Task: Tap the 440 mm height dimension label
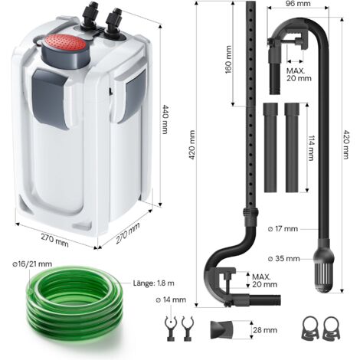pyautogui.click(x=165, y=119)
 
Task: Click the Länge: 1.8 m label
pyautogui.click(x=154, y=283)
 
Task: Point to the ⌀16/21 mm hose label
pyautogui.click(x=32, y=263)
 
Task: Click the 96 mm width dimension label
pyautogui.click(x=298, y=4)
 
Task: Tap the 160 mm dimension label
pyautogui.click(x=228, y=60)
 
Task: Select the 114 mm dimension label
pyautogui.click(x=311, y=148)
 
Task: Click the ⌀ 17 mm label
pyautogui.click(x=283, y=229)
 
